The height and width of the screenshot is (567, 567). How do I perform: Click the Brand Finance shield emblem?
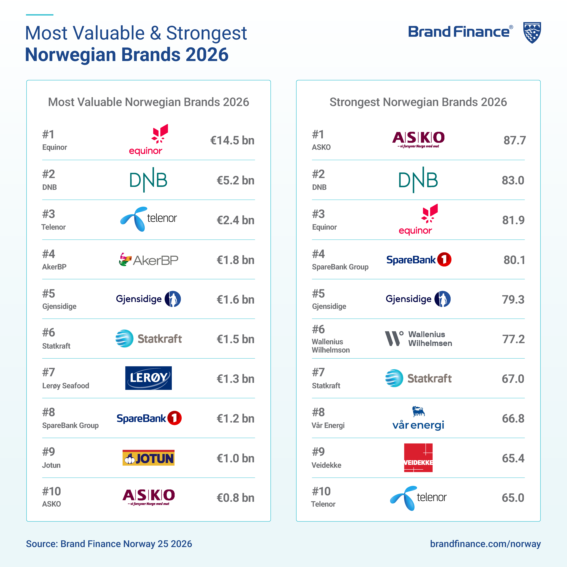click(x=532, y=33)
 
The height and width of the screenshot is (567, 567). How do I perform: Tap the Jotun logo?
click(x=149, y=458)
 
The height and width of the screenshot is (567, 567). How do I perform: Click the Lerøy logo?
click(x=149, y=378)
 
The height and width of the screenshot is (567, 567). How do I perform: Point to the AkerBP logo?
click(x=149, y=260)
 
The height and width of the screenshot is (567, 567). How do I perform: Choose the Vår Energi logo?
click(x=418, y=418)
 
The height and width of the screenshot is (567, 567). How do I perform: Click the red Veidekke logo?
click(x=418, y=458)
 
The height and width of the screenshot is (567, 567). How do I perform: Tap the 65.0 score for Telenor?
click(x=513, y=498)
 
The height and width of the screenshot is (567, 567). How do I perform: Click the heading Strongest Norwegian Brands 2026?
click(x=418, y=102)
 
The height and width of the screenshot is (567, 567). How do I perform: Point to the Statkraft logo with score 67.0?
click(x=418, y=378)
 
